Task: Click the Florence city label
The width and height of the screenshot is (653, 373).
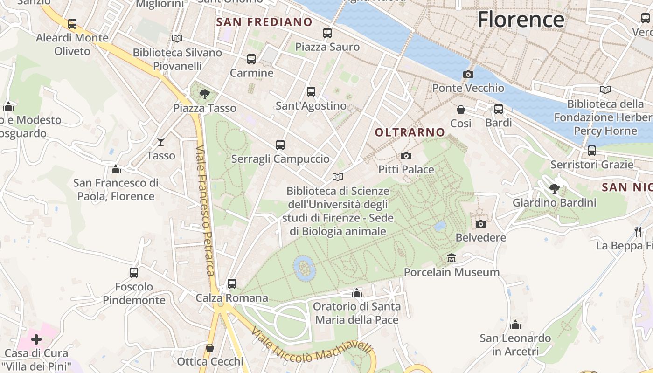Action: (x=521, y=20)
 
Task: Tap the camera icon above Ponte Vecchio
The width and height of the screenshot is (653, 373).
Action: (x=468, y=74)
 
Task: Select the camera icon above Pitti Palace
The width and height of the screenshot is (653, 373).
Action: (x=406, y=156)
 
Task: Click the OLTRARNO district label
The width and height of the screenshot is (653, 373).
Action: (x=410, y=132)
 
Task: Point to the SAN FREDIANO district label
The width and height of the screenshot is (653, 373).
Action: (x=264, y=22)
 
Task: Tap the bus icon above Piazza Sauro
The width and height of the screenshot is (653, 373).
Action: (x=327, y=33)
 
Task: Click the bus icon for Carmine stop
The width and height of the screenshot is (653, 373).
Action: (x=251, y=59)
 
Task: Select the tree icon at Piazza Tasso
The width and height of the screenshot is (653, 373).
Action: (x=204, y=94)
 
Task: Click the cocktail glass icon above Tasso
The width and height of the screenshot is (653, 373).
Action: (x=161, y=141)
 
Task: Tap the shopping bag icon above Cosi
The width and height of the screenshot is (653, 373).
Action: (x=461, y=110)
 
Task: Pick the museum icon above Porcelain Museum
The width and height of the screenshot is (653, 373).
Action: (x=452, y=258)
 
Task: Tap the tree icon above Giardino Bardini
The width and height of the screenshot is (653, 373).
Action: (x=555, y=189)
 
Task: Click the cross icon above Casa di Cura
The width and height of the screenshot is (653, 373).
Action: (x=36, y=339)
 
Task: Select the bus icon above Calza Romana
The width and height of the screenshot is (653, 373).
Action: (x=232, y=283)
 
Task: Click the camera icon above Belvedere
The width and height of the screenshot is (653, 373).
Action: (x=481, y=224)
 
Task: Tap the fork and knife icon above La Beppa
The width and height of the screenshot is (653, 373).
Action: (x=638, y=231)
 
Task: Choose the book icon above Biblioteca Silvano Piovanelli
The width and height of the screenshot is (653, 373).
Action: (x=177, y=38)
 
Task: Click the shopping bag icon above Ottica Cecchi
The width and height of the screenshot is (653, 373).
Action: (x=210, y=348)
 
